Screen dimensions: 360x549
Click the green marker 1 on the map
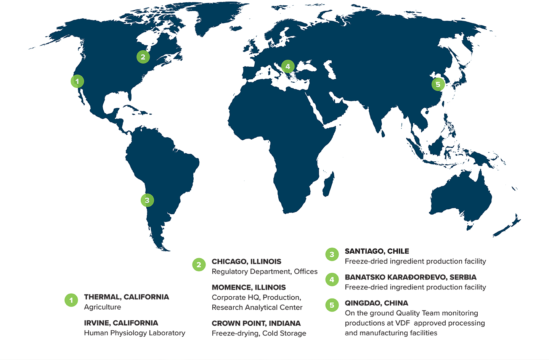(77, 81)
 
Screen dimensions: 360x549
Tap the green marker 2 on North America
(143, 57)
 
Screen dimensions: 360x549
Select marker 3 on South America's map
(147, 200)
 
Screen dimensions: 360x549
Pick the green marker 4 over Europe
(288, 66)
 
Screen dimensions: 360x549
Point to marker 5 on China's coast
(438, 84)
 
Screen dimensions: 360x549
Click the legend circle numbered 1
(71, 300)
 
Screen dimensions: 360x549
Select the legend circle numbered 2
(199, 265)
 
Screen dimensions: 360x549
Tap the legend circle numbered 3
(332, 254)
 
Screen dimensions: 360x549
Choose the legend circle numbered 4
(332, 280)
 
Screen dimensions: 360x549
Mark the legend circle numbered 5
(332, 305)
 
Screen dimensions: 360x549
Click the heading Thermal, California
(127, 297)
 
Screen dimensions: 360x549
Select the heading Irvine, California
(121, 323)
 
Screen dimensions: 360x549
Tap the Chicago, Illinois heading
(246, 262)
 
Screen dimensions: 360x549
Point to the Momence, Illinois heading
(249, 288)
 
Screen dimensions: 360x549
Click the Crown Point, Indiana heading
(256, 323)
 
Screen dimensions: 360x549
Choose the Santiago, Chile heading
(377, 251)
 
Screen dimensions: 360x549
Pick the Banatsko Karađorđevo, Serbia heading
(411, 277)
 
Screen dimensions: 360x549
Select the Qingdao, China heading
(376, 303)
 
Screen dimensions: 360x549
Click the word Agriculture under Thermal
(103, 307)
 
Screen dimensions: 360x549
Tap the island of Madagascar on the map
(328, 185)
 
